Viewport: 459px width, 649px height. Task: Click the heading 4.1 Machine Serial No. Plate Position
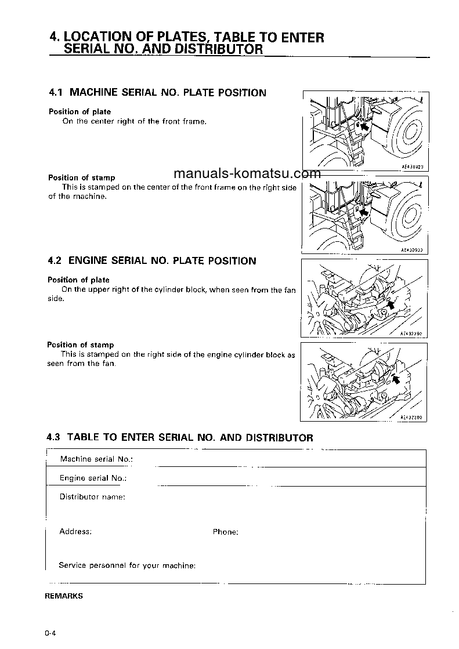pos(157,93)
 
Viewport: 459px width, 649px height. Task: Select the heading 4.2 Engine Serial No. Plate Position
pos(151,261)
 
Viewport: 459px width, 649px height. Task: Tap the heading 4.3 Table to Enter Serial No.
pos(180,437)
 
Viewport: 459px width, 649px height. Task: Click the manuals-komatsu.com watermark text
pos(247,173)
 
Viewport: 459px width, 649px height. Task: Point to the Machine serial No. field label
pos(96,459)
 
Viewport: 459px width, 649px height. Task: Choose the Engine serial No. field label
pos(93,478)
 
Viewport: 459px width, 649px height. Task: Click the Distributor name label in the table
pos(92,497)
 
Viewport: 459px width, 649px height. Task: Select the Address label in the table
pos(75,531)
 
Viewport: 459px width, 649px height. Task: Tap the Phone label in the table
pos(225,532)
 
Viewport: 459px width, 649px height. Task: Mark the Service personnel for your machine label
pos(127,565)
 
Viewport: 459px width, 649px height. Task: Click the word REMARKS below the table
pos(64,596)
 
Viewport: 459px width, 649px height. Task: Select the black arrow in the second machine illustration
pos(364,213)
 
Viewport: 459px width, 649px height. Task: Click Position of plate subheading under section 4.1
pos(79,111)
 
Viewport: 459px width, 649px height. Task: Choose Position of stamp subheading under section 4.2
pos(81,345)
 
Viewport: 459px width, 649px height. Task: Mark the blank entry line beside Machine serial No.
pos(197,465)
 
